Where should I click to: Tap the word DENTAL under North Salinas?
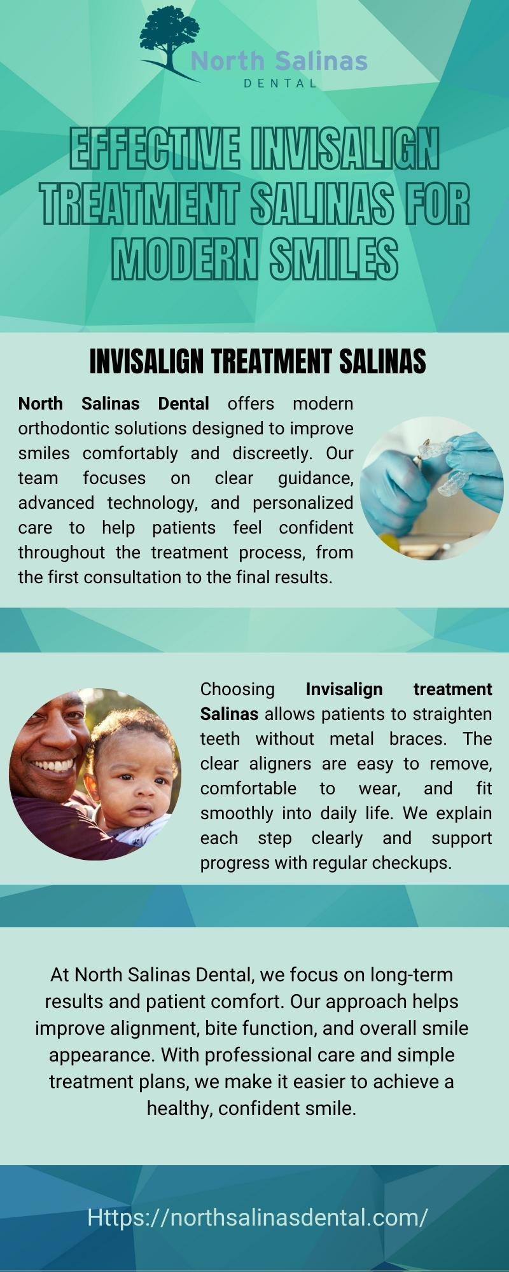click(x=280, y=83)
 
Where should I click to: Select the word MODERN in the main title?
click(x=185, y=259)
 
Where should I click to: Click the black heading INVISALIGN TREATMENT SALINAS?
click(x=258, y=362)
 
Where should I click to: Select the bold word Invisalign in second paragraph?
click(x=344, y=689)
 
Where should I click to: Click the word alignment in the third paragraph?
click(x=155, y=1028)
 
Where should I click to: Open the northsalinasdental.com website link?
click(x=258, y=1217)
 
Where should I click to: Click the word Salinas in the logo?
click(x=321, y=61)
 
